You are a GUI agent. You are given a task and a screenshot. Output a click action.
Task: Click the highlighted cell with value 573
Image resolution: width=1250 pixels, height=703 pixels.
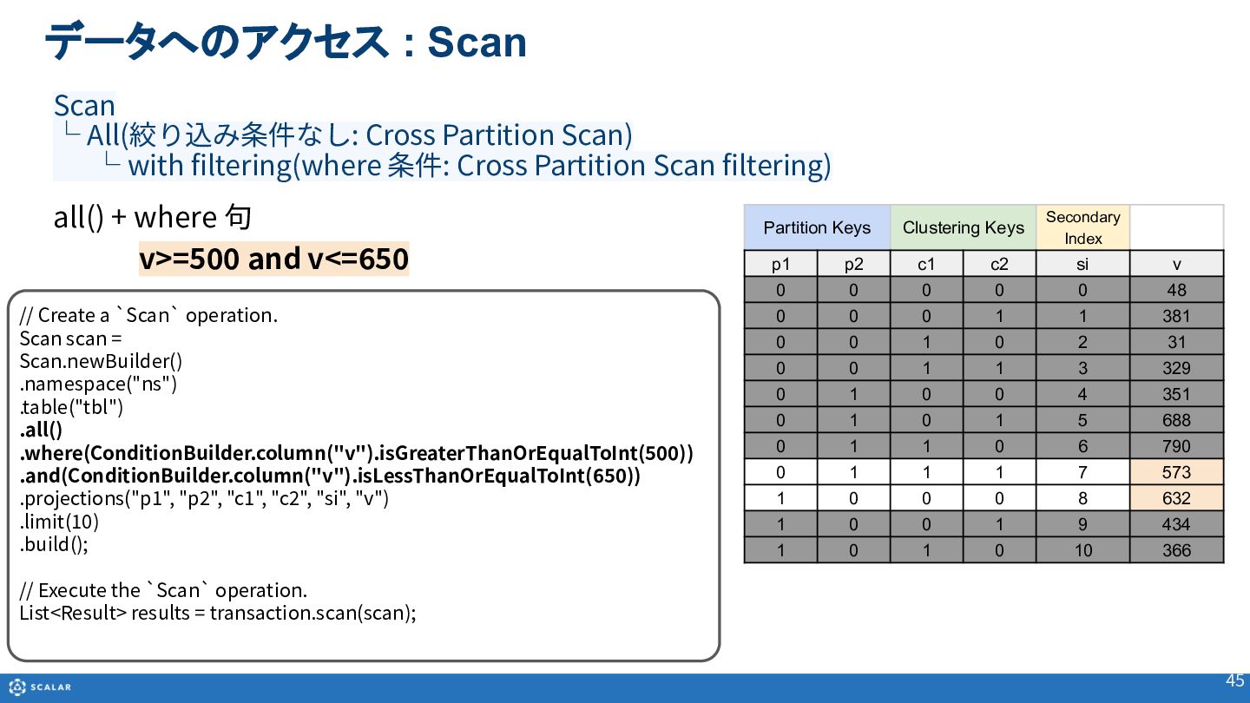point(1176,472)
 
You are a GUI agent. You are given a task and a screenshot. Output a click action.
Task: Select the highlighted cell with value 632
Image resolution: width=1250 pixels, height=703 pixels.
point(1176,497)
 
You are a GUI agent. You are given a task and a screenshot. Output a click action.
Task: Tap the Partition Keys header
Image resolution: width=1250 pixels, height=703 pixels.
point(817,227)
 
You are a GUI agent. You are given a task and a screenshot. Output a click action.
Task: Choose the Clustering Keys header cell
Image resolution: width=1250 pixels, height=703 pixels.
point(964,227)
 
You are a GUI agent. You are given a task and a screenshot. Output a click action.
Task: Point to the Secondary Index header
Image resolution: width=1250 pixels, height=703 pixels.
point(1082,227)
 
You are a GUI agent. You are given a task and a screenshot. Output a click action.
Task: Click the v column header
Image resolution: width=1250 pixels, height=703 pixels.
point(1176,264)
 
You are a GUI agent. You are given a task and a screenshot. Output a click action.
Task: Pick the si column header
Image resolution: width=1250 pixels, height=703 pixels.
point(1082,264)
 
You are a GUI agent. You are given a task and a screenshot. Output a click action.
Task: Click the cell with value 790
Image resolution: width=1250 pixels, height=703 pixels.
point(1176,446)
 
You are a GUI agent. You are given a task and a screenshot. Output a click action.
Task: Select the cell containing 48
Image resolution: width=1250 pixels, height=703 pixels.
point(1176,290)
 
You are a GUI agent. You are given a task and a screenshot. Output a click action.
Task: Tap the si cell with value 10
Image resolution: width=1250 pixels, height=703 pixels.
point(1082,550)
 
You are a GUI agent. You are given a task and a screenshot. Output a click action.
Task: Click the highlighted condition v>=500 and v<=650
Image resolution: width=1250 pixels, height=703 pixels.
point(273,259)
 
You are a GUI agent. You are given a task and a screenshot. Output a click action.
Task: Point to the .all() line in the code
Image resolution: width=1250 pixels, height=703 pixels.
point(42,430)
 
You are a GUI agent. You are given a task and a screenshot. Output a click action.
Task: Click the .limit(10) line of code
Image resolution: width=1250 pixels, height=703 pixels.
point(59,522)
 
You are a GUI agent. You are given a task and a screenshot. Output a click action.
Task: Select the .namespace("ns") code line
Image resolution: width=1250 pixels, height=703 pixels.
point(98,384)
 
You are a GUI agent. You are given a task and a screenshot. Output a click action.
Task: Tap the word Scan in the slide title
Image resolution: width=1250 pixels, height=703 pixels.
point(477,43)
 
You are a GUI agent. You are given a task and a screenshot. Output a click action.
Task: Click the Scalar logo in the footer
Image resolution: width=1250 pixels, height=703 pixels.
point(40,687)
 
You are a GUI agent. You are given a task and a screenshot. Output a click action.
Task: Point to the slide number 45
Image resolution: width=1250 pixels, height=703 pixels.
point(1234,680)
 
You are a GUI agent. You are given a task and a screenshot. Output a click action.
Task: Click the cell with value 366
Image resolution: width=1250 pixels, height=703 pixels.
point(1176,550)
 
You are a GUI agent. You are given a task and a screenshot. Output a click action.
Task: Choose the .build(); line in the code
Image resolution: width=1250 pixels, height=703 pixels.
point(54,544)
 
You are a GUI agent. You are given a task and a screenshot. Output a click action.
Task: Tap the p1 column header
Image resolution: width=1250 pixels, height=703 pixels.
point(780,264)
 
